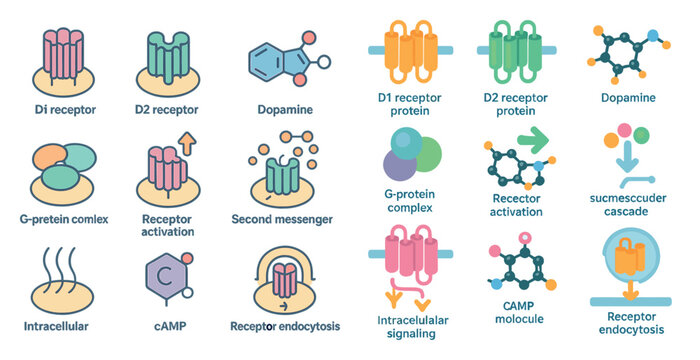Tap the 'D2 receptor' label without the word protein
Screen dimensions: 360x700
point(166,108)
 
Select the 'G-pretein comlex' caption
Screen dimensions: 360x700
point(63,219)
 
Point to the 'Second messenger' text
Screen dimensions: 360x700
point(282,219)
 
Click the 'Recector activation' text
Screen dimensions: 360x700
point(517,204)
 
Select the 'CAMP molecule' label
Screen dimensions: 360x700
point(518,311)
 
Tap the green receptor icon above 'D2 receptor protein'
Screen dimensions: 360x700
point(518,46)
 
